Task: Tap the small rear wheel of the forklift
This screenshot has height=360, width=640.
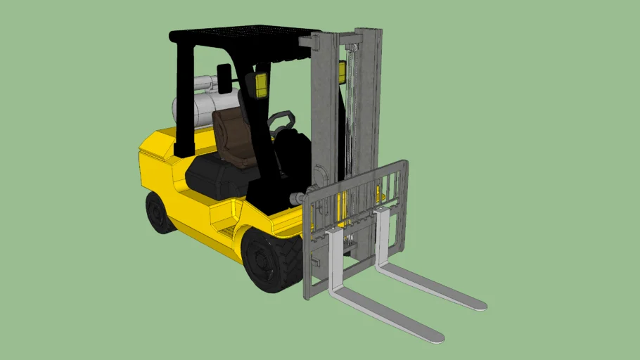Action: coord(160,212)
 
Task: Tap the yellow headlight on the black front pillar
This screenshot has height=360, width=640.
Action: coord(261,84)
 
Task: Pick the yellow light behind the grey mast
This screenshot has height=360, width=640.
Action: coord(343,72)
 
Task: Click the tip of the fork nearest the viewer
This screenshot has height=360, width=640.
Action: coord(436,336)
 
